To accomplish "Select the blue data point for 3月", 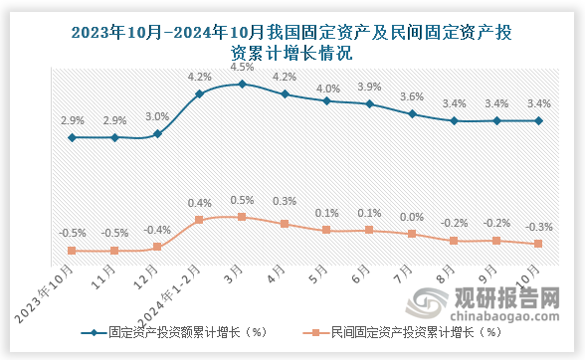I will [x=242, y=85].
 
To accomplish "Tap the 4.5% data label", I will [x=242, y=68].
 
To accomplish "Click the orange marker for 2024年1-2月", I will [x=200, y=219].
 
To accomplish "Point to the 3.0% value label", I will [x=157, y=116].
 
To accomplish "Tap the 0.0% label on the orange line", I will [x=411, y=217].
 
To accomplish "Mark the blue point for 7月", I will [x=411, y=114].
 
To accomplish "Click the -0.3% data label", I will [x=538, y=227].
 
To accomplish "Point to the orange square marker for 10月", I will [x=538, y=244].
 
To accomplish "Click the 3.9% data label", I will [x=369, y=87].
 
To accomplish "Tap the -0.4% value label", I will [x=157, y=230].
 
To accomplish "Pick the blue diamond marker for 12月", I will [x=157, y=133].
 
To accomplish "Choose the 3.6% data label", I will [x=411, y=96].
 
